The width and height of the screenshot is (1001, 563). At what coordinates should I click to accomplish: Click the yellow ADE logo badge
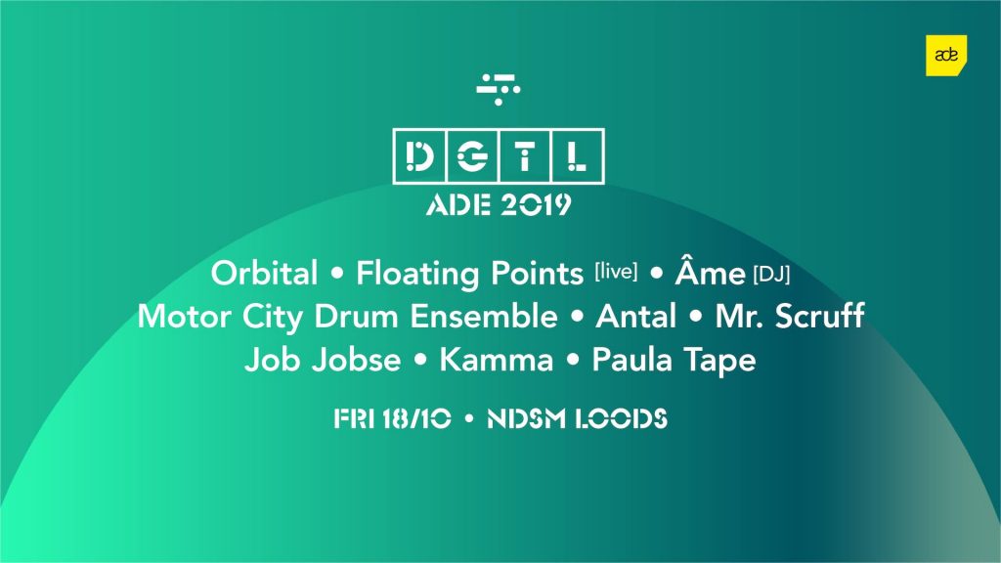point(946,56)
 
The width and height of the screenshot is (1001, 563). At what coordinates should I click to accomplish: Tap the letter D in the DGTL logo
point(419,156)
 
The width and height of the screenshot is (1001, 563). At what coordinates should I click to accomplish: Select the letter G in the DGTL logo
point(472,156)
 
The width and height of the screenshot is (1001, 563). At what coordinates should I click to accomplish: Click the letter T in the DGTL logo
point(524,156)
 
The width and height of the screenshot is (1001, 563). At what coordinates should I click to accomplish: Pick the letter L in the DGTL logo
point(576,156)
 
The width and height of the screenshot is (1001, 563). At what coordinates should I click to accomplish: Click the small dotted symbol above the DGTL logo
point(498,89)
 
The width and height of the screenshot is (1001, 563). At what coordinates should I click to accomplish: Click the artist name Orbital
point(264,274)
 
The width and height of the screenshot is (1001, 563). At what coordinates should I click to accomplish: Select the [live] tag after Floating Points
point(616,272)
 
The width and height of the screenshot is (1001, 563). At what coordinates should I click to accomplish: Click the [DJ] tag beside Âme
point(772,275)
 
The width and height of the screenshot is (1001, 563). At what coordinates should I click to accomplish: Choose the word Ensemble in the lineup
point(483,317)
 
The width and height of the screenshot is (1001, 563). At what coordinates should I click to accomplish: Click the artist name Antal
point(635,317)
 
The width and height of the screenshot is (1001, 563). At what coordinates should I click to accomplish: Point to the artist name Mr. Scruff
point(790,317)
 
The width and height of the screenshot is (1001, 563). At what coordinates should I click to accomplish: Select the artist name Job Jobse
point(323,360)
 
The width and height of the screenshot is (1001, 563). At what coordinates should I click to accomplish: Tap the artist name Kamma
point(496,360)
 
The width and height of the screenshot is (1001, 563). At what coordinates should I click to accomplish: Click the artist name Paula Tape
point(675,361)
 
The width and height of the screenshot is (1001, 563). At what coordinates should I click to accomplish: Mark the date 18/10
point(416,418)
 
